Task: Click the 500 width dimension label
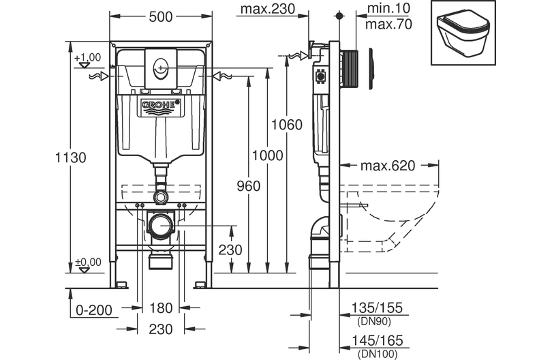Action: tap(161, 16)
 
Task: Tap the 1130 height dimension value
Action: tap(71, 157)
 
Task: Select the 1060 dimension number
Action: tap(287, 125)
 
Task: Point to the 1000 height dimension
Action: tap(268, 155)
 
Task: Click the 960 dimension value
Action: tap(249, 186)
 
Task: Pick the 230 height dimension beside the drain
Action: tap(230, 250)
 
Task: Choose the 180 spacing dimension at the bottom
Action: tap(161, 308)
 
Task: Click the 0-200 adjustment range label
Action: tap(94, 310)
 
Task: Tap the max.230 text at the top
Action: tap(268, 9)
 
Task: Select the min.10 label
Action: tap(388, 8)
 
